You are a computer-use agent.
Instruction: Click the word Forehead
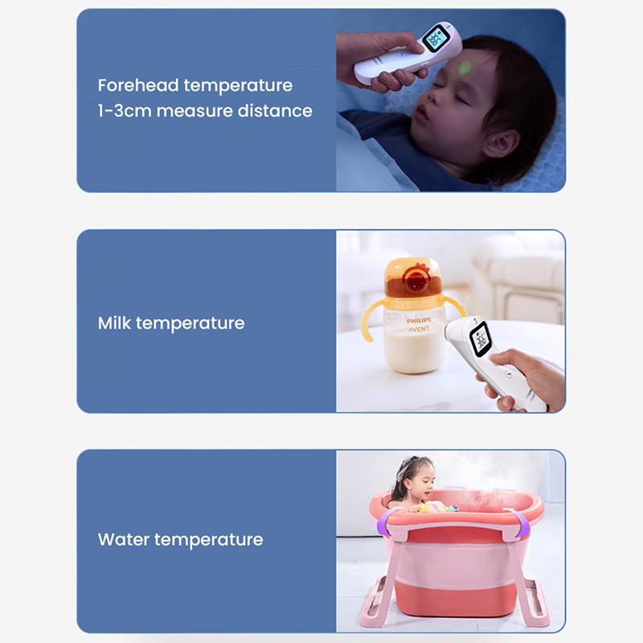138,85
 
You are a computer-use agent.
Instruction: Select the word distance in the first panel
275,111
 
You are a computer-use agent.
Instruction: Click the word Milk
115,323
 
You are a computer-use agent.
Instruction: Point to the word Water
124,539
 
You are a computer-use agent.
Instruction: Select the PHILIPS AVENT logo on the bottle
418,324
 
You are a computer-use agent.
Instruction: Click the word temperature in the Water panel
209,539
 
